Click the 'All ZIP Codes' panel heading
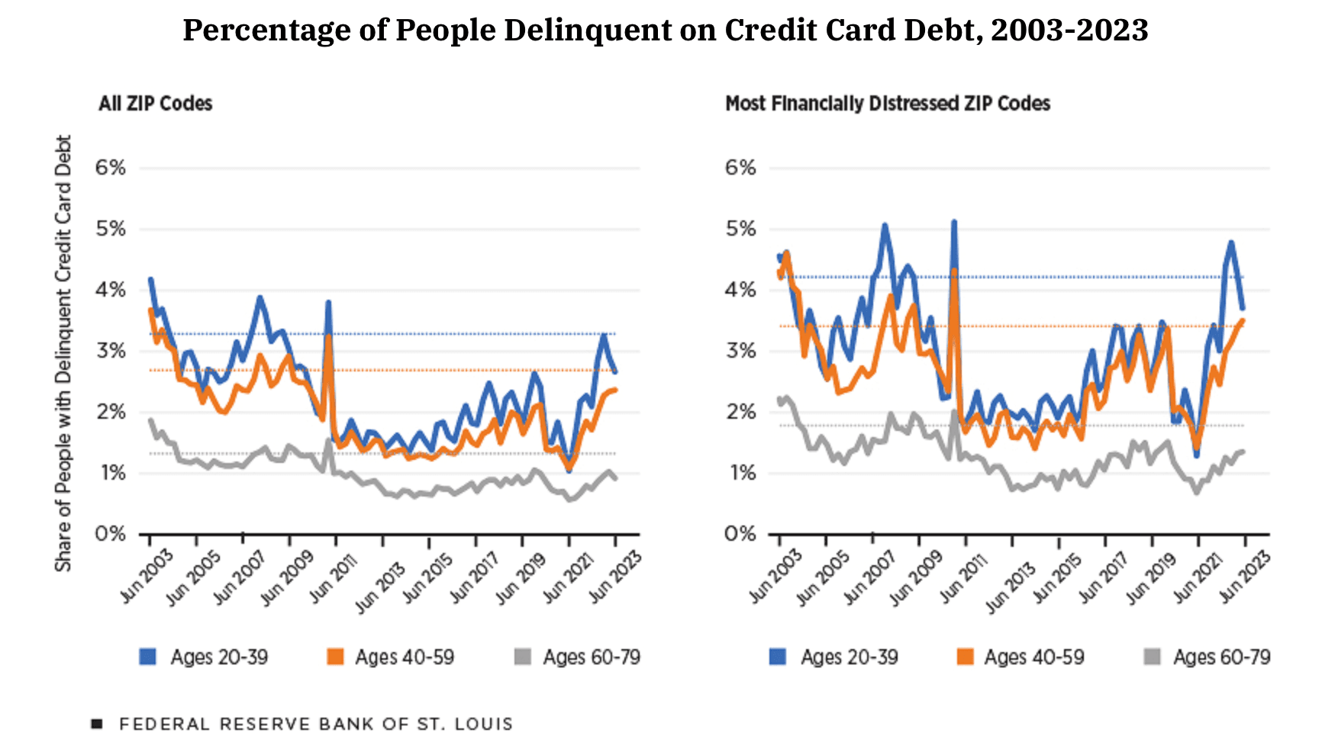[155, 104]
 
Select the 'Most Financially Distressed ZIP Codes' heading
[887, 104]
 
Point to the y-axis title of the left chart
[63, 353]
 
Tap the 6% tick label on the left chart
[111, 168]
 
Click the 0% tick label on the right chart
[740, 534]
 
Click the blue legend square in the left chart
[147, 657]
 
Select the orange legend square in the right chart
[965, 657]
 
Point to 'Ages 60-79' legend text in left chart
[591, 657]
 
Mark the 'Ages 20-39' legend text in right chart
[849, 657]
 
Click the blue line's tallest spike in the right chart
[954, 222]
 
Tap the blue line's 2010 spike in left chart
[328, 302]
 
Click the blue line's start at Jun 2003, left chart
[150, 280]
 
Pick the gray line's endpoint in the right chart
[1243, 452]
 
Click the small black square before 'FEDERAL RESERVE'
[97, 724]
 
